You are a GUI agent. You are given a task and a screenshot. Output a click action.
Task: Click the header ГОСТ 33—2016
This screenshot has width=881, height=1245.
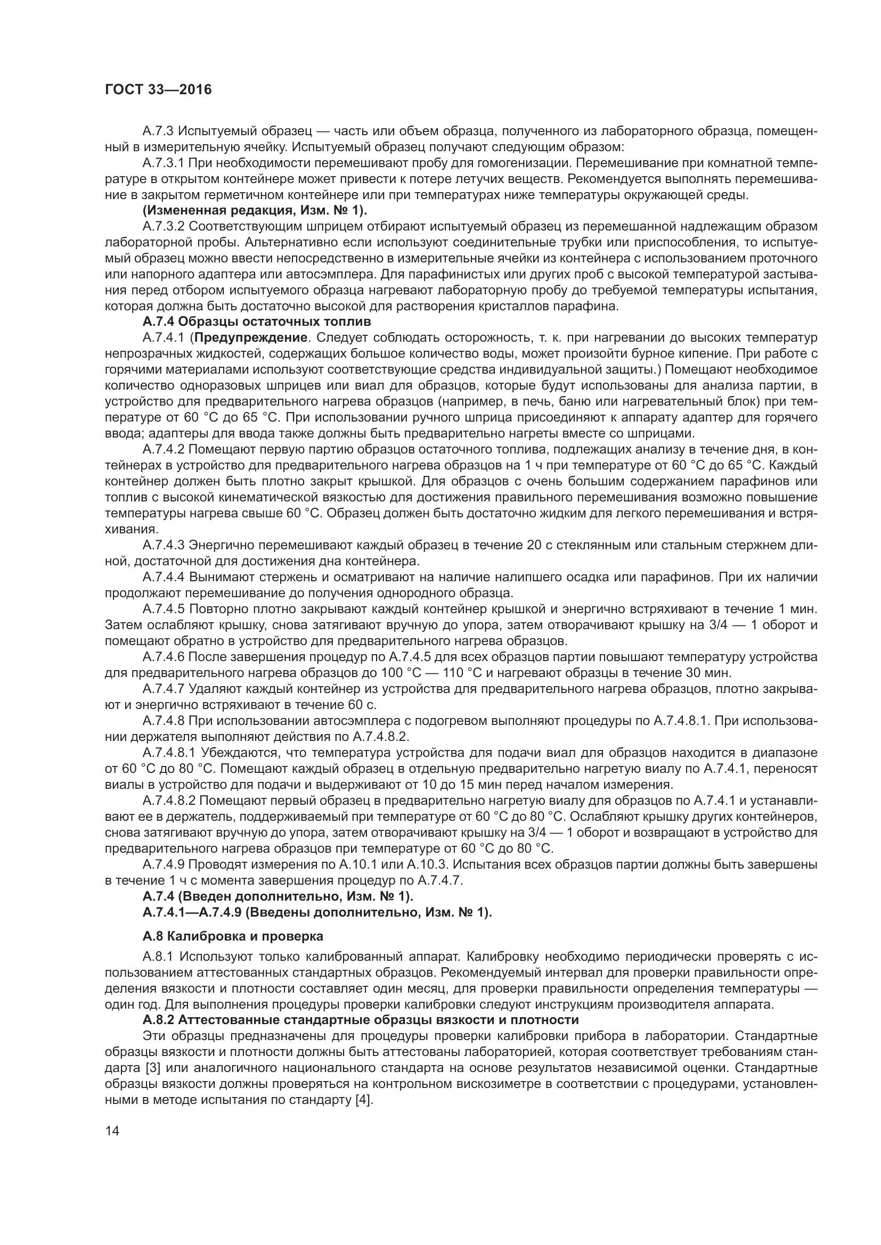click(158, 89)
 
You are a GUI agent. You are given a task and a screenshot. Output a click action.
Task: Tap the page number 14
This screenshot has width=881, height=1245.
click(112, 1131)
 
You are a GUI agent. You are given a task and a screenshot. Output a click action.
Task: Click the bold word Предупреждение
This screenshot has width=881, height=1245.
click(251, 338)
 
